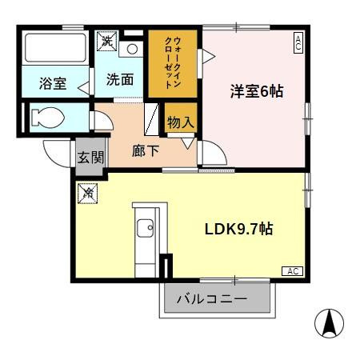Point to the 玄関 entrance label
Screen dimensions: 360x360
(x=90, y=157)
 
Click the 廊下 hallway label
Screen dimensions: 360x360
(x=145, y=150)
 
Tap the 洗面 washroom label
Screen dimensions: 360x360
(x=119, y=80)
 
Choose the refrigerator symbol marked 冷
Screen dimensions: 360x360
(x=87, y=192)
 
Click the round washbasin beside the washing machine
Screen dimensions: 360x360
(x=133, y=48)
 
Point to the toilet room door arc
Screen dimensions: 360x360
(x=102, y=120)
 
